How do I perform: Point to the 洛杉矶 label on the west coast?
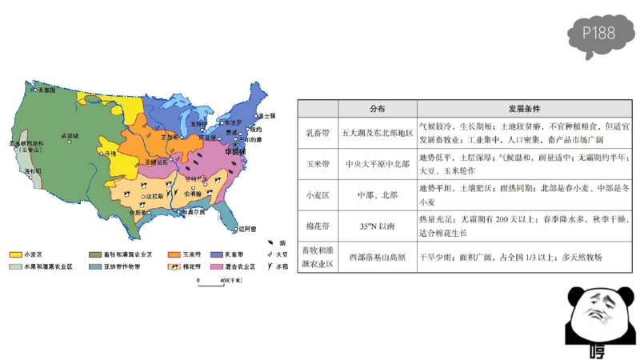click(33, 171)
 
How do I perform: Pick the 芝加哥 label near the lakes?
click(169, 137)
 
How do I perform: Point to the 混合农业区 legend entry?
click(238, 266)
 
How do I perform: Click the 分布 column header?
click(377, 109)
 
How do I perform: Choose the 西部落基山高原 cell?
click(377, 258)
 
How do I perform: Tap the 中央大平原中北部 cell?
click(377, 163)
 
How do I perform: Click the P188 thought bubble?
click(599, 34)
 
